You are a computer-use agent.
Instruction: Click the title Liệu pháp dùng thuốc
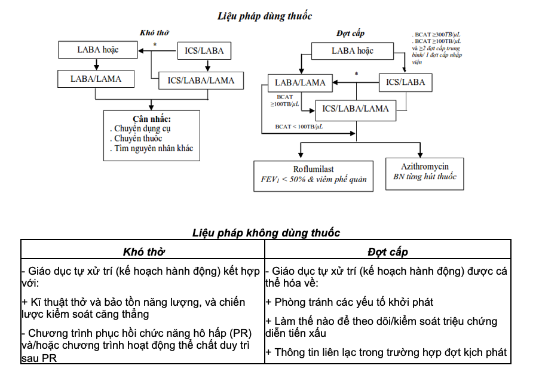click(264, 16)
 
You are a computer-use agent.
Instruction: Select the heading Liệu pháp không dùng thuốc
click(266, 233)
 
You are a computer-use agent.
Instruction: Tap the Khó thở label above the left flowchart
click(154, 33)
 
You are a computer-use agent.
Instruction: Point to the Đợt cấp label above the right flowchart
click(350, 33)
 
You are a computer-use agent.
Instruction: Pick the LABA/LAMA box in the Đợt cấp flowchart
click(300, 82)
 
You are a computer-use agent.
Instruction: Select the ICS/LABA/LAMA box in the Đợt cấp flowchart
click(355, 109)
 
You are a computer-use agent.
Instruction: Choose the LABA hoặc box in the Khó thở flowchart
click(98, 50)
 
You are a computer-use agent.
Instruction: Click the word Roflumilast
click(314, 169)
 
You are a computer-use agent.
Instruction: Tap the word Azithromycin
click(424, 166)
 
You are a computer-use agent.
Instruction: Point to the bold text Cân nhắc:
click(151, 118)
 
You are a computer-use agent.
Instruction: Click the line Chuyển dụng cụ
click(143, 128)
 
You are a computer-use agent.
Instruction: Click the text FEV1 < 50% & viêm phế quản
click(314, 179)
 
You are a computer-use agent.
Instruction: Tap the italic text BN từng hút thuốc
click(424, 177)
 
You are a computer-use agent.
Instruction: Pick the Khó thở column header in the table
click(143, 251)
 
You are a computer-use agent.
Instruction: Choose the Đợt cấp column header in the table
click(387, 251)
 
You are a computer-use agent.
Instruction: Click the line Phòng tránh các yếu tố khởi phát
click(350, 302)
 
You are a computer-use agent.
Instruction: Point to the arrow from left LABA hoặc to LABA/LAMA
click(96, 64)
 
